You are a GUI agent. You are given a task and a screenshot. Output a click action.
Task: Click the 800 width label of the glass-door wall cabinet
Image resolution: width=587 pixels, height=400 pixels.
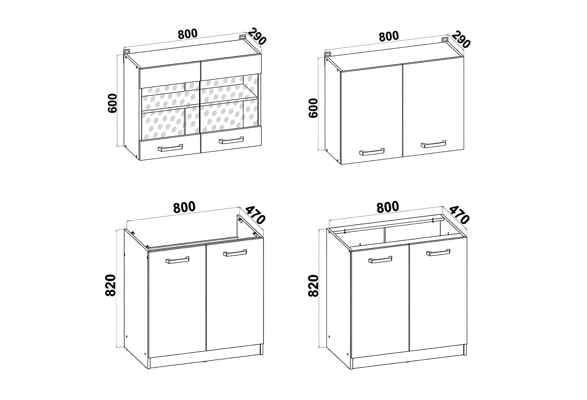[188, 34]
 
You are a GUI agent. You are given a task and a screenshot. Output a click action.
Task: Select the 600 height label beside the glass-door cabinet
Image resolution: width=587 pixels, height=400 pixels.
[112, 103]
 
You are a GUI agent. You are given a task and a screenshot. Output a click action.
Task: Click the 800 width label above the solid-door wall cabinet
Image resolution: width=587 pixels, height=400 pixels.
[389, 36]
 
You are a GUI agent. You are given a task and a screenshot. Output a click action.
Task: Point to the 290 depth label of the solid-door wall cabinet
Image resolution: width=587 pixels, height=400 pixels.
[461, 40]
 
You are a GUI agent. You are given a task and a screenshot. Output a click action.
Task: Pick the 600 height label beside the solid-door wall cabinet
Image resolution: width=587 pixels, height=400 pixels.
[313, 108]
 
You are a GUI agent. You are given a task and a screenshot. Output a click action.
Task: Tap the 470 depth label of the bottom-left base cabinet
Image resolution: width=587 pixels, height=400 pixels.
[255, 215]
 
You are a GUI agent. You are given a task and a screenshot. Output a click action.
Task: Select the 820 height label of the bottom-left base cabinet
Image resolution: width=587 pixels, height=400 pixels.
[110, 285]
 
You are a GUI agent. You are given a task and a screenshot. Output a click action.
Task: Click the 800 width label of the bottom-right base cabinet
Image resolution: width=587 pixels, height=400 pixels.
[388, 207]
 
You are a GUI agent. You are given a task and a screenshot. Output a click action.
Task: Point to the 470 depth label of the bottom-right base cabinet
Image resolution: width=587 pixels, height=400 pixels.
[459, 215]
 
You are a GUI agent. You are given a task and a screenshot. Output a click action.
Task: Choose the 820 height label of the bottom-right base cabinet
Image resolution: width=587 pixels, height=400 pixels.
[313, 286]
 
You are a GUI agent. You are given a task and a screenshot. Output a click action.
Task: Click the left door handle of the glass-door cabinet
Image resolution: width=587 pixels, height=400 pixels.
[170, 148]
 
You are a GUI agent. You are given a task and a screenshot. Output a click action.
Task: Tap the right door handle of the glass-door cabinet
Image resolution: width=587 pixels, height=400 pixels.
[231, 140]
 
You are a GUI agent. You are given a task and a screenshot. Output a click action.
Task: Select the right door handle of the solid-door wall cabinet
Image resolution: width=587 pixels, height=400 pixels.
[433, 144]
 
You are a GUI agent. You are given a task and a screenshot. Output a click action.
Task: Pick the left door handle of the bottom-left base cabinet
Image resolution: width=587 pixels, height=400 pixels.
[177, 260]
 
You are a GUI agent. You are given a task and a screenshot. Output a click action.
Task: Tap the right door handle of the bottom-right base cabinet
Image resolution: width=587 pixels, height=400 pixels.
[438, 252]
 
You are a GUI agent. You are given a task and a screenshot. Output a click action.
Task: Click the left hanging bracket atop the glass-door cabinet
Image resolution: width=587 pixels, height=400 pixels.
[127, 51]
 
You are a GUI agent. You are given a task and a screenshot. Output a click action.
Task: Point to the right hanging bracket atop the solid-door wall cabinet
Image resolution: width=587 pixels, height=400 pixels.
[445, 40]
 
